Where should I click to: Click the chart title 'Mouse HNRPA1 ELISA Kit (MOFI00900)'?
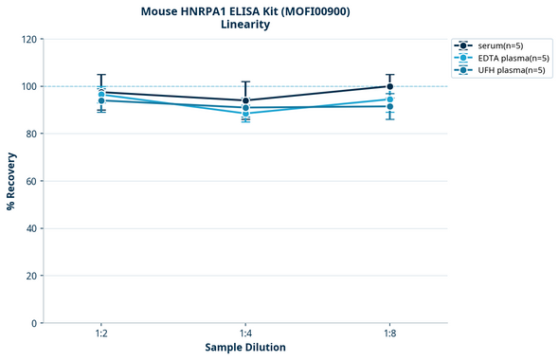tap(245, 10)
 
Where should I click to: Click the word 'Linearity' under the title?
tap(245, 25)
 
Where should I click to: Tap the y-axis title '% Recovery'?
tap(11, 181)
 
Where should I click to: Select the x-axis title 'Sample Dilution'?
tap(245, 348)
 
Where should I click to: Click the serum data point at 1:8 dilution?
tap(390, 86)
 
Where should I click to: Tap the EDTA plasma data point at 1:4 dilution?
tap(245, 114)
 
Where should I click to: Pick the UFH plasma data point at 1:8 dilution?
tap(390, 106)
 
